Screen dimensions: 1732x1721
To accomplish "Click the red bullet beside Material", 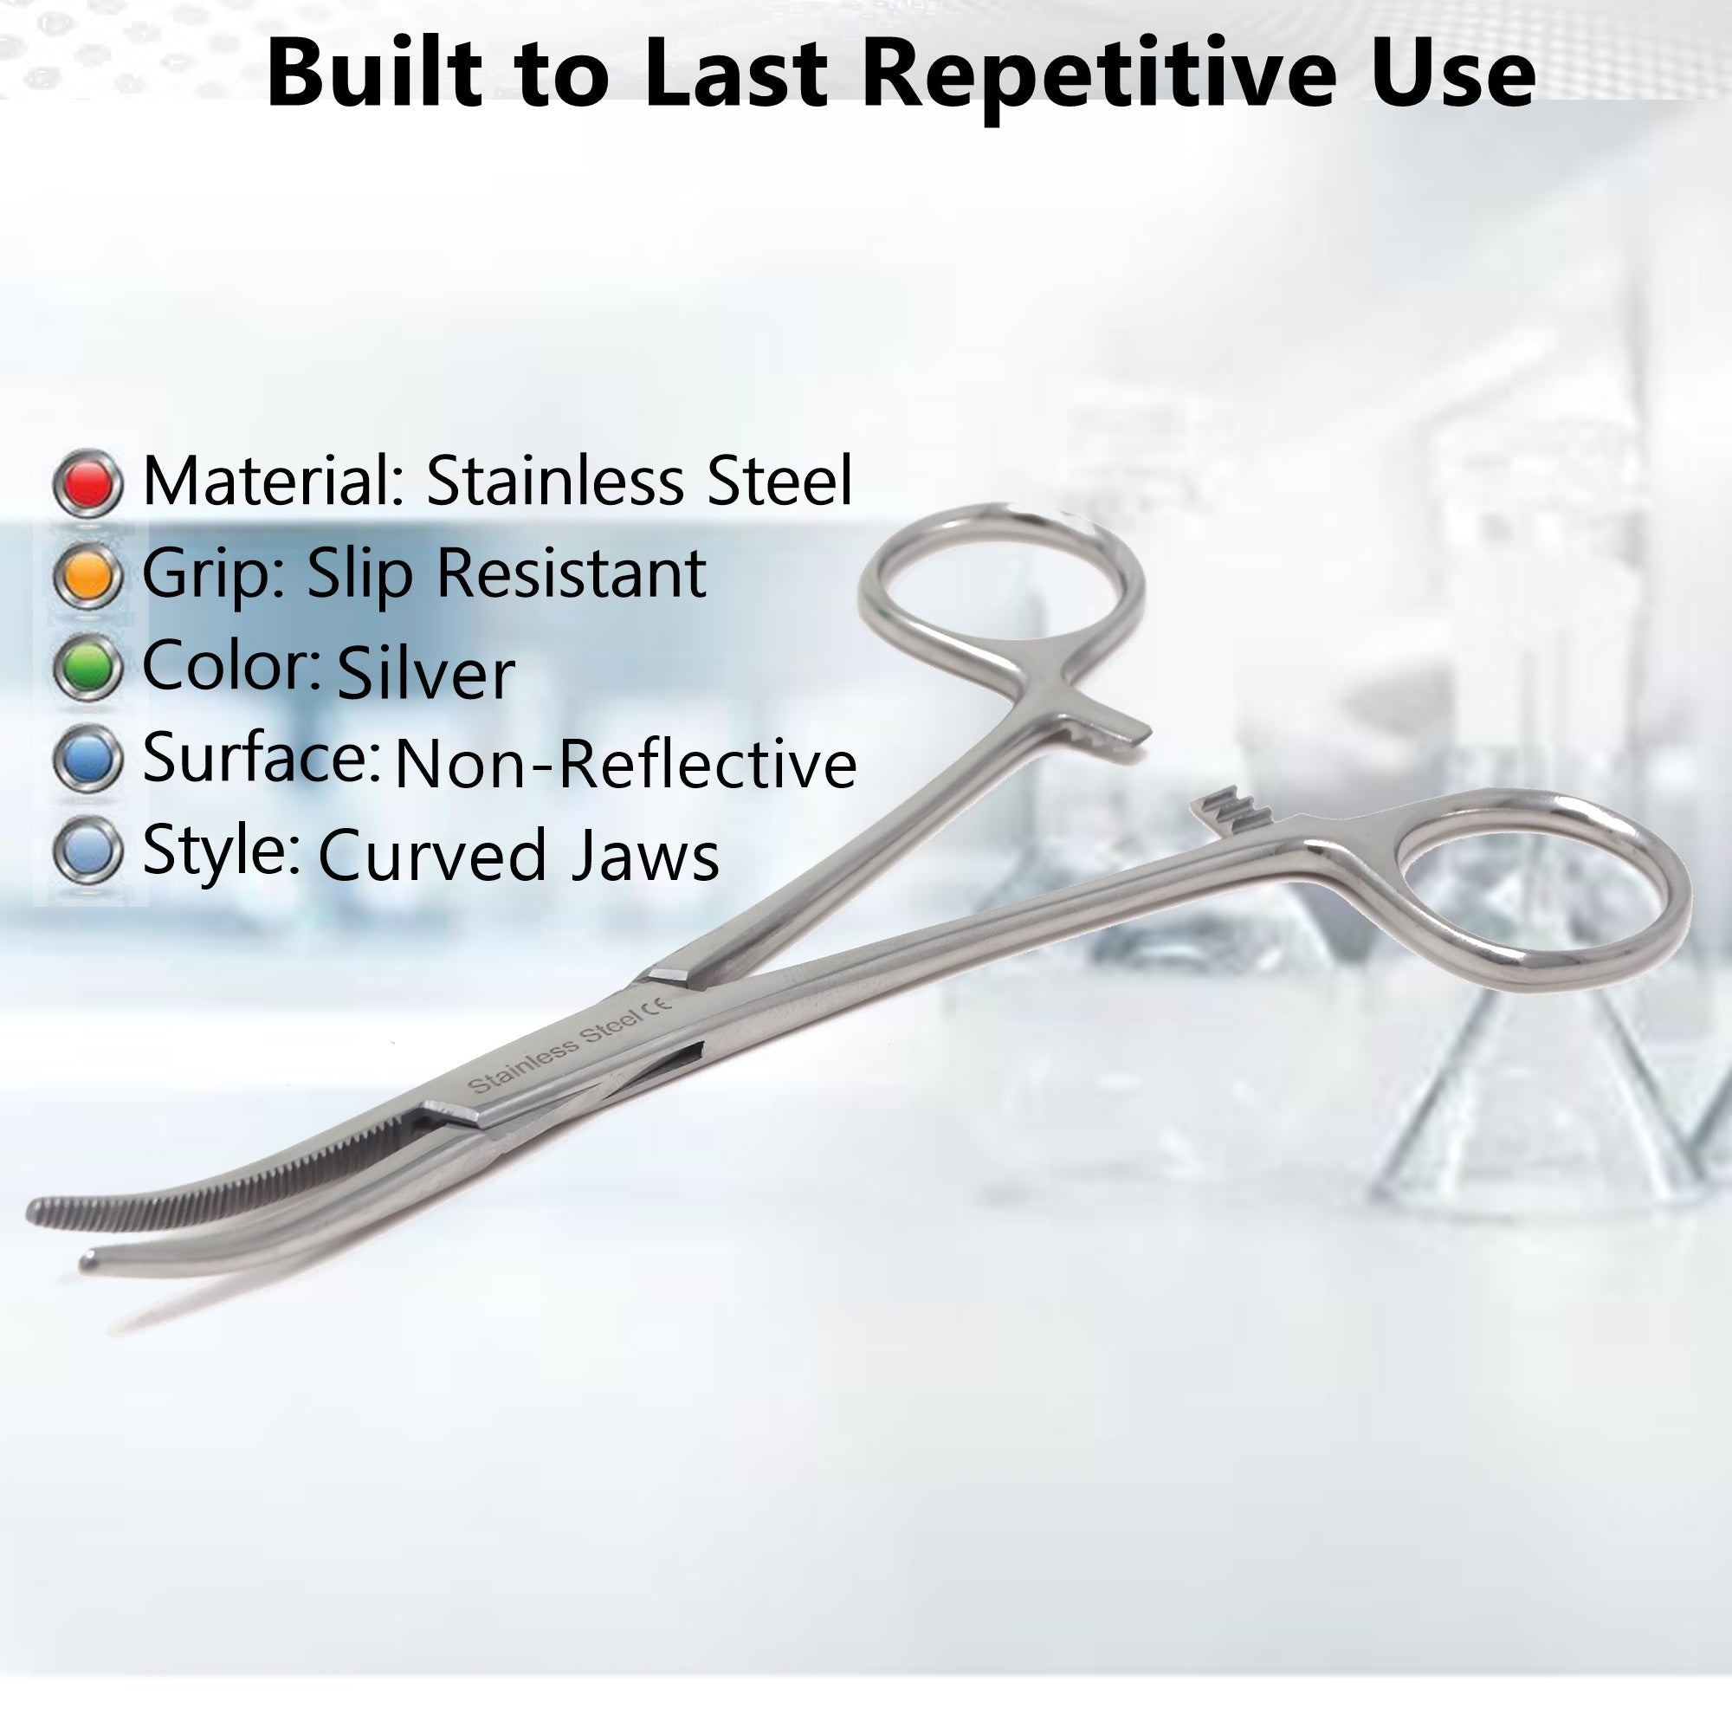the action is click(87, 484).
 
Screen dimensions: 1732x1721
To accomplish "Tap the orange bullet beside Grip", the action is click(87, 576).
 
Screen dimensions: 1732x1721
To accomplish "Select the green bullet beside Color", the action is click(87, 667).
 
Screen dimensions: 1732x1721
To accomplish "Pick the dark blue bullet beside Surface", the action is click(87, 759).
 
